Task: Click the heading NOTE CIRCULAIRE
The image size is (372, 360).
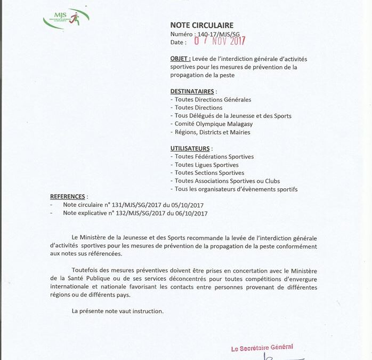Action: click(x=201, y=25)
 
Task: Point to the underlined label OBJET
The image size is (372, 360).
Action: click(x=181, y=59)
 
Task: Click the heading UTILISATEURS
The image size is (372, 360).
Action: click(x=190, y=148)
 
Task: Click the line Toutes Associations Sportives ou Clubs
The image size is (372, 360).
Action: click(x=227, y=181)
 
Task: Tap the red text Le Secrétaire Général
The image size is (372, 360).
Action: click(x=262, y=348)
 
